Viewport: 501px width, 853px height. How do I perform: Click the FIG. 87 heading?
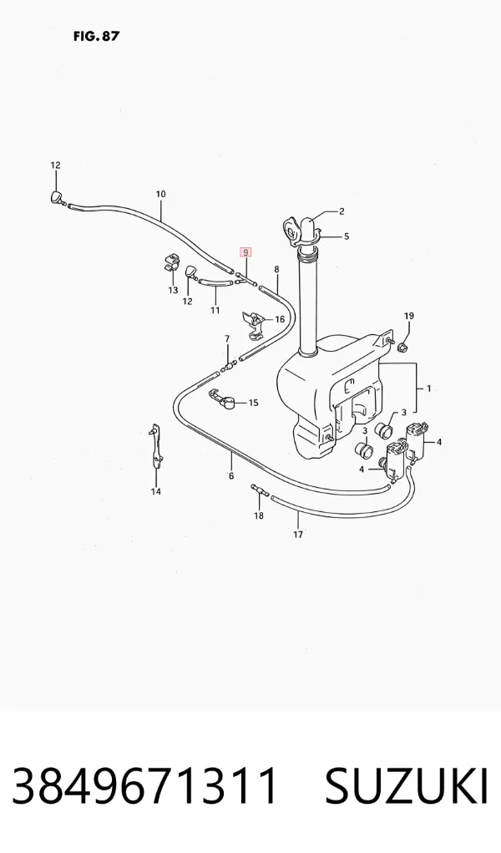coord(96,37)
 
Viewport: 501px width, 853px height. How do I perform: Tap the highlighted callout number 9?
coord(245,251)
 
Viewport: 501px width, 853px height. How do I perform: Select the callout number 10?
coord(160,194)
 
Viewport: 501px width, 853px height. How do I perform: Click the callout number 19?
coord(409,316)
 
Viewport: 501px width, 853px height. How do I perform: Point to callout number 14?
coord(156,492)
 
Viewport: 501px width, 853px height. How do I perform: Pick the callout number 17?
coord(298,535)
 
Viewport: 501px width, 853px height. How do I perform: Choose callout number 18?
coord(258,515)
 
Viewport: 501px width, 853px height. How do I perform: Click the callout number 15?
coord(254,404)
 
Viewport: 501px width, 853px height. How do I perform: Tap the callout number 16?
coord(280,319)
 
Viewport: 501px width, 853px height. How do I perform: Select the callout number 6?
coord(231,476)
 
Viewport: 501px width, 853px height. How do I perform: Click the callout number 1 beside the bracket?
coord(428,389)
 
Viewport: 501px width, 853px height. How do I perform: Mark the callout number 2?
coord(342,211)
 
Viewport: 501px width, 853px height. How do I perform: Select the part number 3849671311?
coord(145,787)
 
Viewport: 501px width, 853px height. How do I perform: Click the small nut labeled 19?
coord(403,344)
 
